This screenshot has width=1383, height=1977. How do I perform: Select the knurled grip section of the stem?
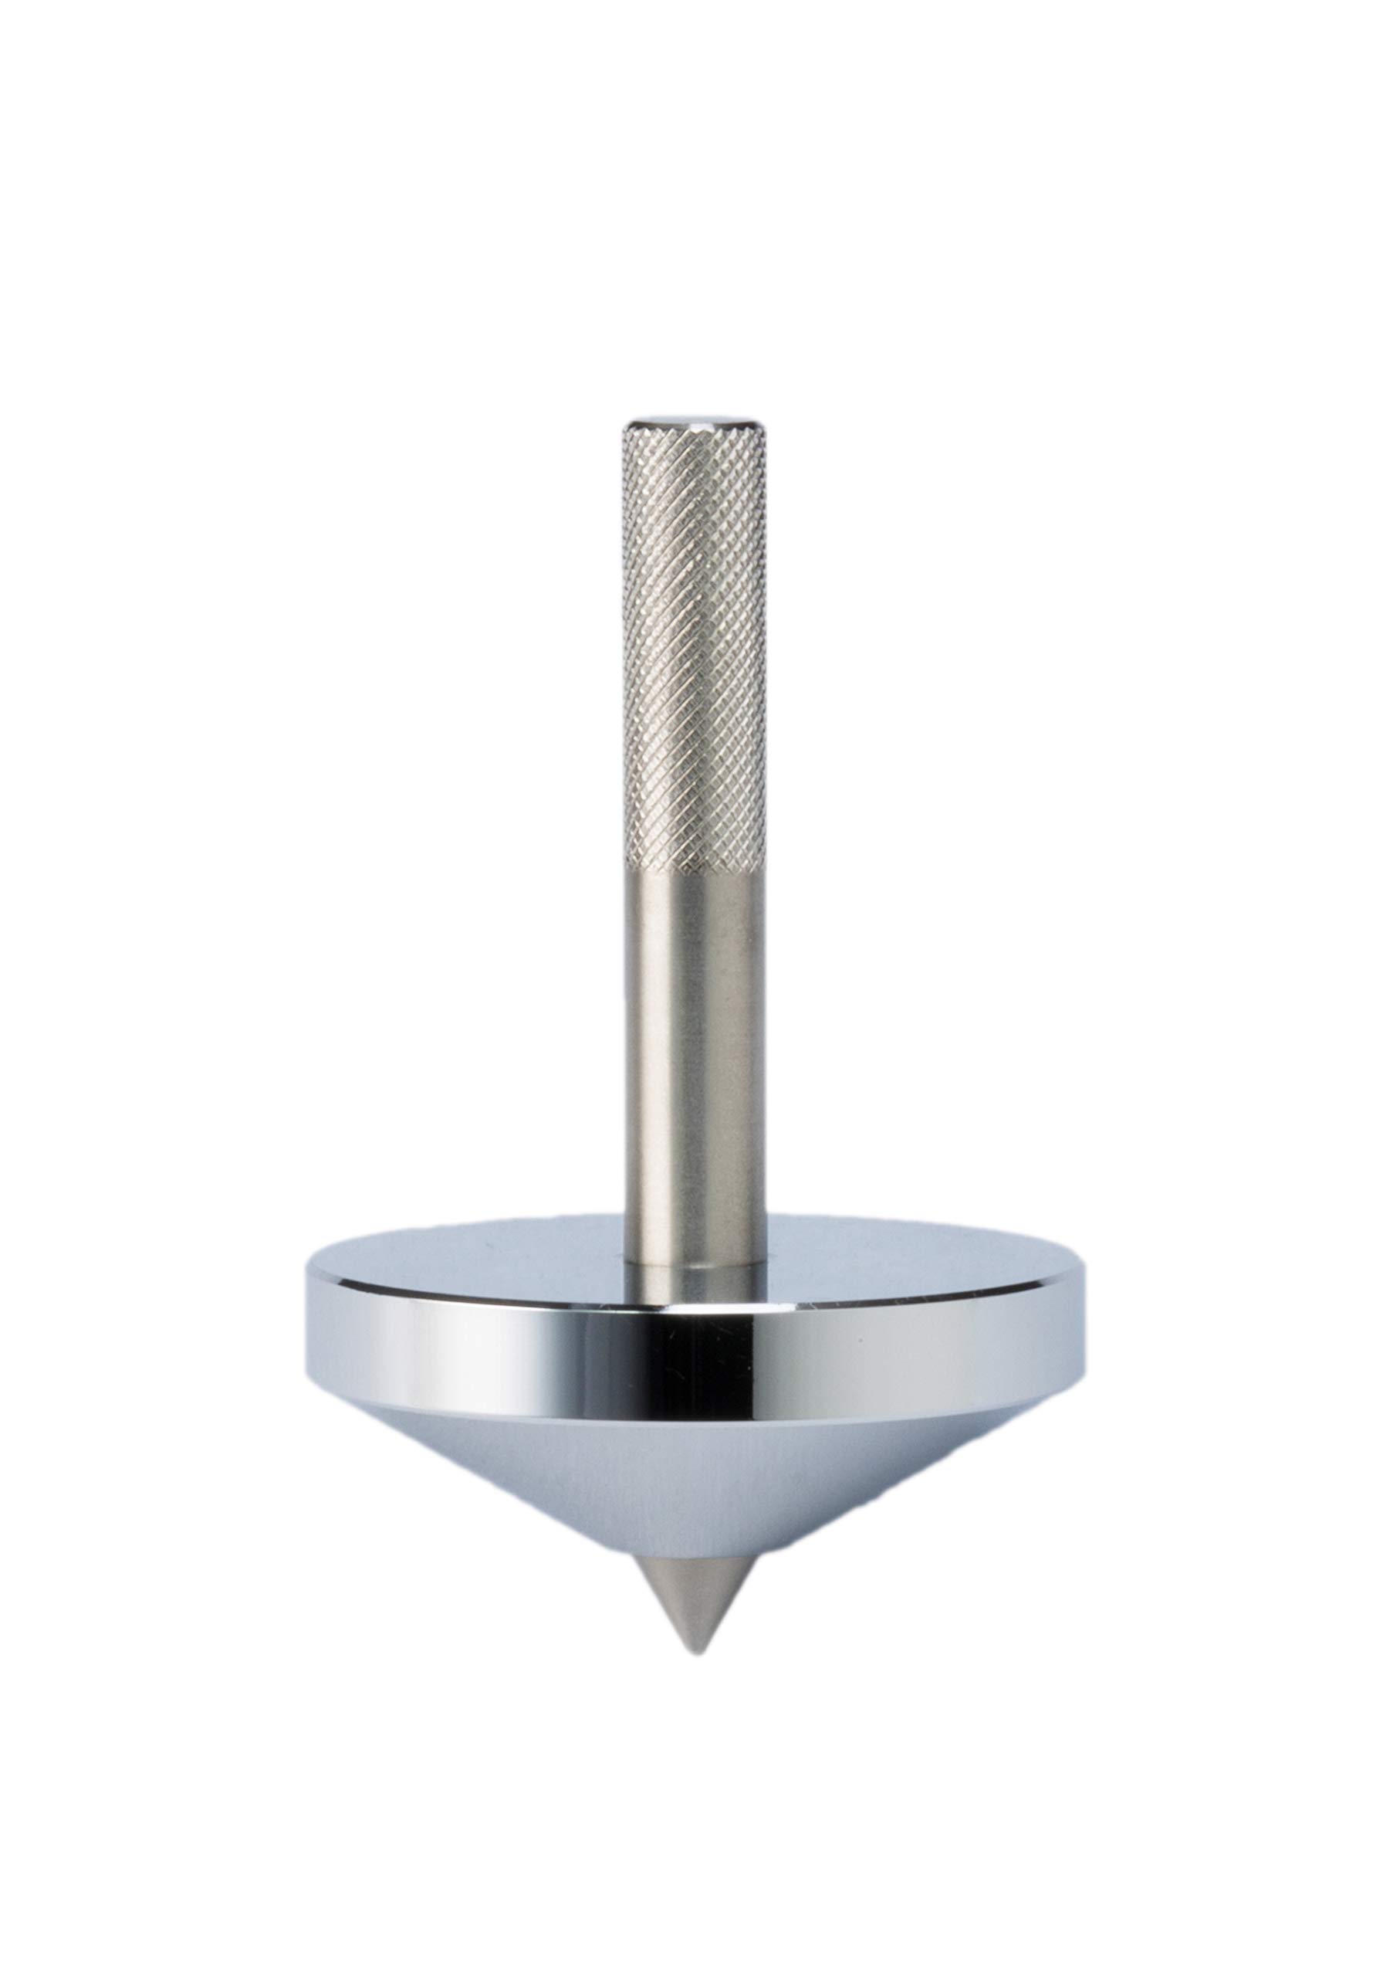pyautogui.click(x=694, y=646)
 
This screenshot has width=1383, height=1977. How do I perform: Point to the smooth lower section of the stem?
pyautogui.click(x=694, y=1059)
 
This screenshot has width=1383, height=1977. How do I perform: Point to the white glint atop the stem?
pyautogui.click(x=694, y=421)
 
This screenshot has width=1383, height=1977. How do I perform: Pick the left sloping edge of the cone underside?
pyautogui.click(x=482, y=1481)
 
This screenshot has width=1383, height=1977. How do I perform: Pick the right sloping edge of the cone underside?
pyautogui.click(x=904, y=1481)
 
